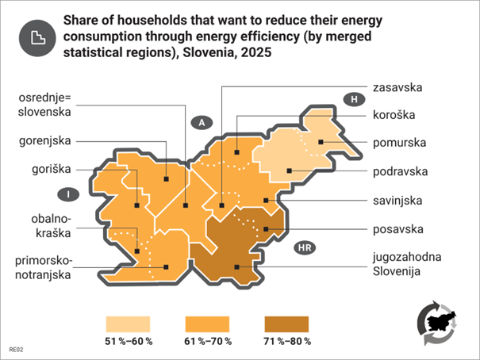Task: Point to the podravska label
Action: [402, 171]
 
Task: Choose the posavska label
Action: [398, 229]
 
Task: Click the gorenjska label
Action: [45, 141]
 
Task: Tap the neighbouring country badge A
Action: [202, 122]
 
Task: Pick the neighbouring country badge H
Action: [353, 98]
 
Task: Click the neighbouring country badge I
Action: [70, 193]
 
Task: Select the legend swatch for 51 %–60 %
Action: [128, 323]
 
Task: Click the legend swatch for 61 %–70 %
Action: [207, 323]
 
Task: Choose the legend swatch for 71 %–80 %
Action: [286, 323]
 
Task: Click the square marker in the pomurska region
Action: [321, 142]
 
